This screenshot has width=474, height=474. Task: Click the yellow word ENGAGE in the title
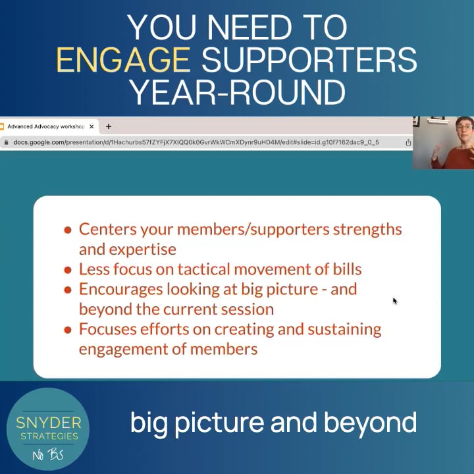(123, 60)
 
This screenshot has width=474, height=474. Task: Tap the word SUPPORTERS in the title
(309, 60)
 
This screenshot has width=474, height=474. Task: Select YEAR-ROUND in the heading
(237, 92)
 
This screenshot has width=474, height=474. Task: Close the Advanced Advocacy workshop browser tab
(92, 126)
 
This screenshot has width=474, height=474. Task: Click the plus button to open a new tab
(109, 126)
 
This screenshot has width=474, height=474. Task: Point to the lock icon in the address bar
(6, 142)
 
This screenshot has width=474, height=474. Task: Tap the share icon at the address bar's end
(408, 142)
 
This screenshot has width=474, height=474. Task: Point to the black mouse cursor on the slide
(395, 301)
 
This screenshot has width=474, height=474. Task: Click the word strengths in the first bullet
(367, 229)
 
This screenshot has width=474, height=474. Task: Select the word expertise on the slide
(144, 249)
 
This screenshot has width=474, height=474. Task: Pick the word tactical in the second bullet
(196, 269)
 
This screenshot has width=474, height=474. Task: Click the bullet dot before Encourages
(68, 290)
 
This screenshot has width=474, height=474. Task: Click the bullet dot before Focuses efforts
(68, 329)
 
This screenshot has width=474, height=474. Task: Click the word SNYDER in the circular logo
(47, 422)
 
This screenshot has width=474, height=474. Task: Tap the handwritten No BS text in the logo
(47, 454)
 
